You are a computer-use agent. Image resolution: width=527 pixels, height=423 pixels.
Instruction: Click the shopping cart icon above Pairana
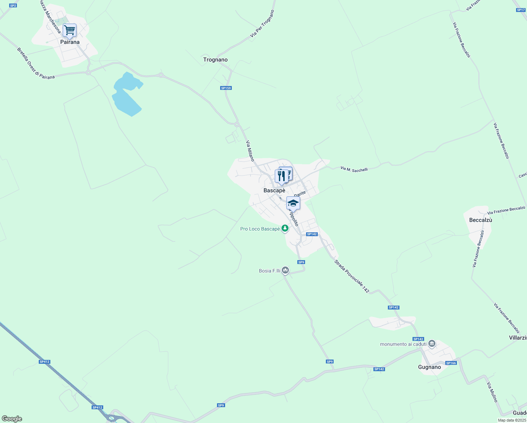tap(69, 31)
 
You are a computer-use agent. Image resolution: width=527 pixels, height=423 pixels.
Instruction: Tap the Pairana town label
tap(70, 42)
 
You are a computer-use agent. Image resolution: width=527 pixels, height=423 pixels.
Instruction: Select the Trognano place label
tap(215, 60)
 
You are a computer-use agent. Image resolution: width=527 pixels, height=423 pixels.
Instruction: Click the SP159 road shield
tap(226, 88)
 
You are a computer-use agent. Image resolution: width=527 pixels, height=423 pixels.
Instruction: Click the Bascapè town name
tap(274, 190)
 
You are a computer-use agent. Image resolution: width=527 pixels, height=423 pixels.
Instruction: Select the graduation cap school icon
tap(293, 203)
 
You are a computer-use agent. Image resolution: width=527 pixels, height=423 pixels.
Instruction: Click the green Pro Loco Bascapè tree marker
tap(285, 229)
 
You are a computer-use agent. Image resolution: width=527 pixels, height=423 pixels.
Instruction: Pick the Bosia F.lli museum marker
tap(285, 270)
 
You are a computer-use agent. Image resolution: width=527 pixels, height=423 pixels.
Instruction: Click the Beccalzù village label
tap(480, 220)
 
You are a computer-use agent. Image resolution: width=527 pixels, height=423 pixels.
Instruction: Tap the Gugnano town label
tap(429, 367)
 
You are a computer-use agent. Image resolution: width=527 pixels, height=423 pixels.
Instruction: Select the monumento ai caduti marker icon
tap(432, 344)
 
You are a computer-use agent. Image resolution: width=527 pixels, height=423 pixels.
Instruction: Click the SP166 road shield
tap(451, 363)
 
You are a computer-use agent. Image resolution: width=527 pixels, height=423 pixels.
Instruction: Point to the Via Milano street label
tap(250, 151)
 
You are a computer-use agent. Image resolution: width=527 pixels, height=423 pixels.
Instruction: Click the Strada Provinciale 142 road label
tap(352, 277)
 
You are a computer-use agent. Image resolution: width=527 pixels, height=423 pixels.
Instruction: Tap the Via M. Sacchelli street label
tap(354, 169)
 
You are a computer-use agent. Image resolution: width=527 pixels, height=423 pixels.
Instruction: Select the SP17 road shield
tap(521, 10)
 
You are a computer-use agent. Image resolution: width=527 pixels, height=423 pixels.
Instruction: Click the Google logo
tap(12, 419)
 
